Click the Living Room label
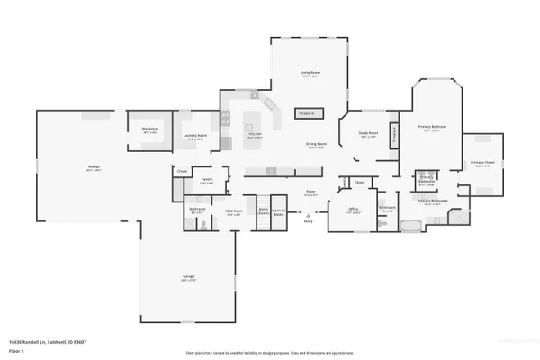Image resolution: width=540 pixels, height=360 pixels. click(310, 73)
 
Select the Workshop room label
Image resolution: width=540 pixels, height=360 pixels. click(150, 130)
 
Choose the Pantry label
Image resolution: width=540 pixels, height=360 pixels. click(206, 179)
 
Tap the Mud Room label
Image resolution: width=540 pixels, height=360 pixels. click(233, 213)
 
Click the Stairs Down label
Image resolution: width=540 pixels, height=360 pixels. click(264, 213)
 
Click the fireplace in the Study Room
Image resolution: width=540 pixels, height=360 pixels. click(393, 136)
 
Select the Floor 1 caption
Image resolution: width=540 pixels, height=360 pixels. click(15, 349)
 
